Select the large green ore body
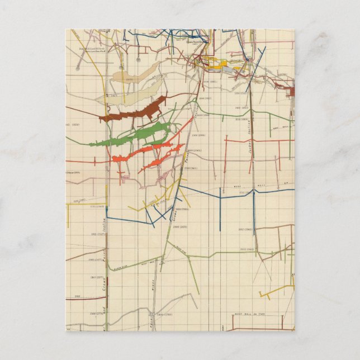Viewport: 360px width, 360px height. point(134,137)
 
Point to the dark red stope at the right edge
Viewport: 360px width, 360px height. point(289,91)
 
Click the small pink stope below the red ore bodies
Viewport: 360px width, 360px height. point(162,178)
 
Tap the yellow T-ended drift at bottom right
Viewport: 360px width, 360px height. point(280,290)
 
